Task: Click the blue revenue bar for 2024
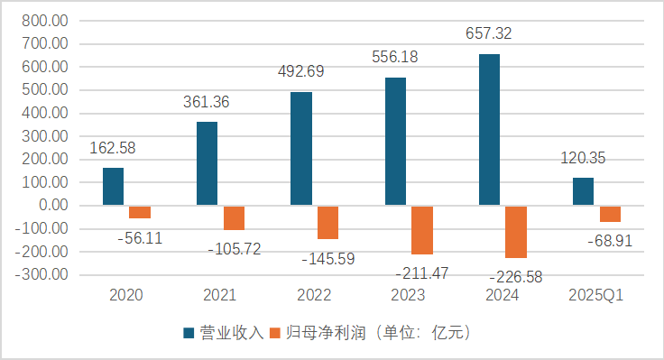(x=489, y=130)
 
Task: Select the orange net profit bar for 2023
(x=422, y=230)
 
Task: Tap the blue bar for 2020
(x=113, y=187)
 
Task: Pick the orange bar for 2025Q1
(x=610, y=214)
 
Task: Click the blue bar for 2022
(x=301, y=149)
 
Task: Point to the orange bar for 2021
(x=235, y=217)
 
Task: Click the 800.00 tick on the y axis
(x=43, y=20)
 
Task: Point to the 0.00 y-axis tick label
(x=51, y=206)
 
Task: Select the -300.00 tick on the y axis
(x=41, y=274)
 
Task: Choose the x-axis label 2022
(x=313, y=295)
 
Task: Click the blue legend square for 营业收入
(x=190, y=333)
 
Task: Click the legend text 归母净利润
(x=319, y=333)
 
